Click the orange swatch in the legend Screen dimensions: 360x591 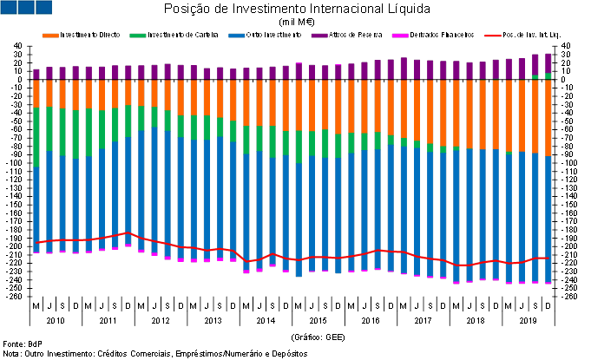pyautogui.click(x=50, y=36)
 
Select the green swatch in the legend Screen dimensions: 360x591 pyautogui.click(x=138, y=36)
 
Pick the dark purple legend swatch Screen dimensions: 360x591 pyautogui.click(x=319, y=36)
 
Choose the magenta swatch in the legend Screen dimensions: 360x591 pyautogui.click(x=400, y=36)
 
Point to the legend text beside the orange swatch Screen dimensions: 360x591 pyautogui.click(x=90, y=36)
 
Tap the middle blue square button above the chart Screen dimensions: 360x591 pyautogui.click(x=25, y=8)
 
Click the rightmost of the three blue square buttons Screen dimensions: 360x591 pyautogui.click(x=43, y=8)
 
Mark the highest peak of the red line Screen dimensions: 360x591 pyautogui.click(x=128, y=233)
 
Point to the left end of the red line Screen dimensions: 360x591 pyautogui.click(x=36, y=243)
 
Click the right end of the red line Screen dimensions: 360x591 pyautogui.click(x=548, y=259)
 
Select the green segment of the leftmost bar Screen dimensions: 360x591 pyautogui.click(x=36, y=136)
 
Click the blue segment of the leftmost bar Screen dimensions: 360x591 pyautogui.click(x=36, y=208)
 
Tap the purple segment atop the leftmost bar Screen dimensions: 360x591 pyautogui.click(x=36, y=74)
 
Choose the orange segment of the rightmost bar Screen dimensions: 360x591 pyautogui.click(x=548, y=117)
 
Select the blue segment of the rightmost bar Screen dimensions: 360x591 pyautogui.click(x=548, y=217)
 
